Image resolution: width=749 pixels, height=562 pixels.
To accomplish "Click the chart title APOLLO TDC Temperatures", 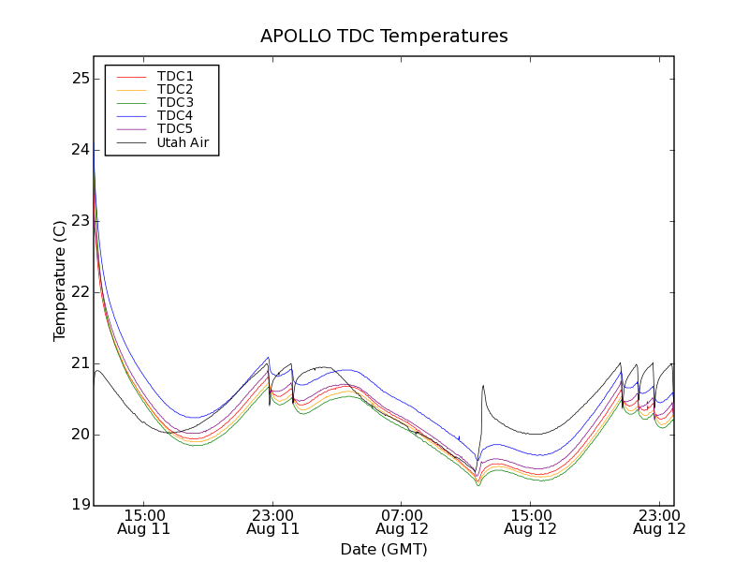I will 384,37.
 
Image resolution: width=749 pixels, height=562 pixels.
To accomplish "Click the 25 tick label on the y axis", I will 81,79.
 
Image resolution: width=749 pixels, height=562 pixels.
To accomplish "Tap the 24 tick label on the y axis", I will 81,150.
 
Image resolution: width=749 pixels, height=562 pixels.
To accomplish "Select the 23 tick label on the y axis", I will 81,221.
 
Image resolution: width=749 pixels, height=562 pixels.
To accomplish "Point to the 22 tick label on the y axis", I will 81,292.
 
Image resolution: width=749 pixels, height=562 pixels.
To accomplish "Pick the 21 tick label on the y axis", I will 81,363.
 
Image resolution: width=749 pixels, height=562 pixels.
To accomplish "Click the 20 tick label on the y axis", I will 81,435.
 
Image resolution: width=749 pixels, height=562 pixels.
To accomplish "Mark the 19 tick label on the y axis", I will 81,506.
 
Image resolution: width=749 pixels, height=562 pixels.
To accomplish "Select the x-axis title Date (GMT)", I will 384,549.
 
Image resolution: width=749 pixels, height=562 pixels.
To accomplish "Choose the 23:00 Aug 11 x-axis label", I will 272,522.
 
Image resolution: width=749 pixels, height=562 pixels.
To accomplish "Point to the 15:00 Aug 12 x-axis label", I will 530,522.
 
